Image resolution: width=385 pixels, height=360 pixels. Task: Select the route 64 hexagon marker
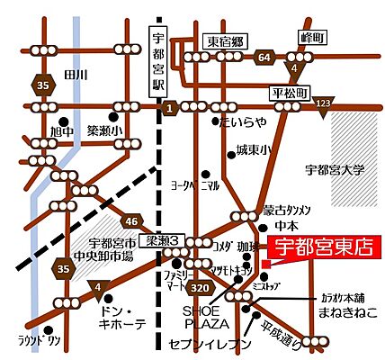pyautogui.click(x=264, y=58)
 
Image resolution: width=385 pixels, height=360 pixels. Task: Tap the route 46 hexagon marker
pyautogui.click(x=131, y=220)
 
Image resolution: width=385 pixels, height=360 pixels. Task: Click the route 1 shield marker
pyautogui.click(x=167, y=108)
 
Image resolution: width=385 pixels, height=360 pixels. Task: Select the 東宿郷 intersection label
pyautogui.click(x=226, y=40)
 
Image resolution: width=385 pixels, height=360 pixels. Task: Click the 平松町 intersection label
pyautogui.click(x=290, y=92)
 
